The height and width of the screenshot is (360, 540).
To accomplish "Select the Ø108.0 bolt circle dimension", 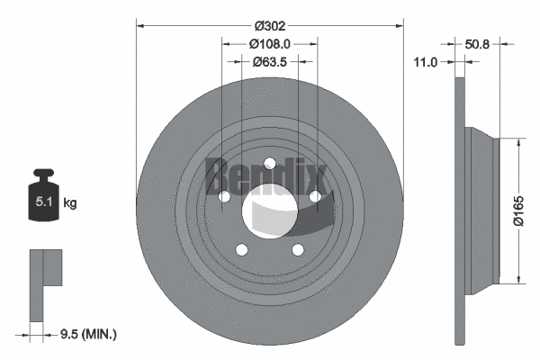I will click(269, 43).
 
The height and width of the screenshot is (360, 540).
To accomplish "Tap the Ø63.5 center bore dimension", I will click(269, 62).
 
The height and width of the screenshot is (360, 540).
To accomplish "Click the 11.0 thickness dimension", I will click(426, 62).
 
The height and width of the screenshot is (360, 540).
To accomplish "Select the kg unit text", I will click(70, 204).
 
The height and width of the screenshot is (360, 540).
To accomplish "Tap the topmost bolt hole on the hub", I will click(269, 163).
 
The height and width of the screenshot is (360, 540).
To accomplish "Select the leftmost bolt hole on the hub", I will click(222, 196).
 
